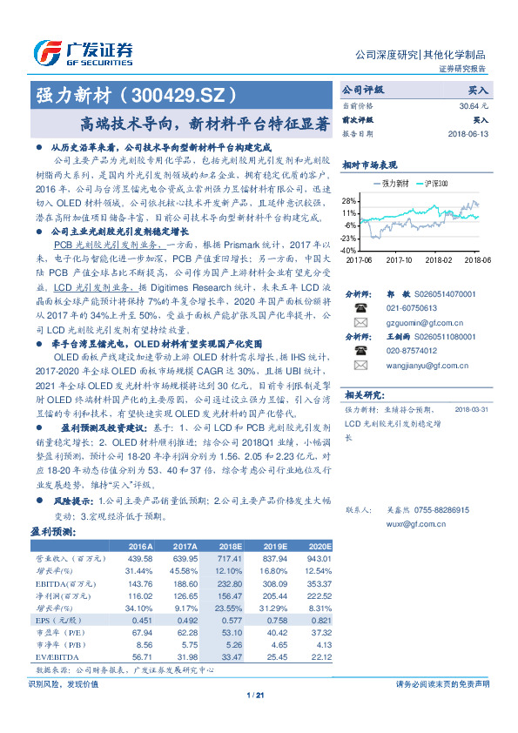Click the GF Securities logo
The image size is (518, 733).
83,51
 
